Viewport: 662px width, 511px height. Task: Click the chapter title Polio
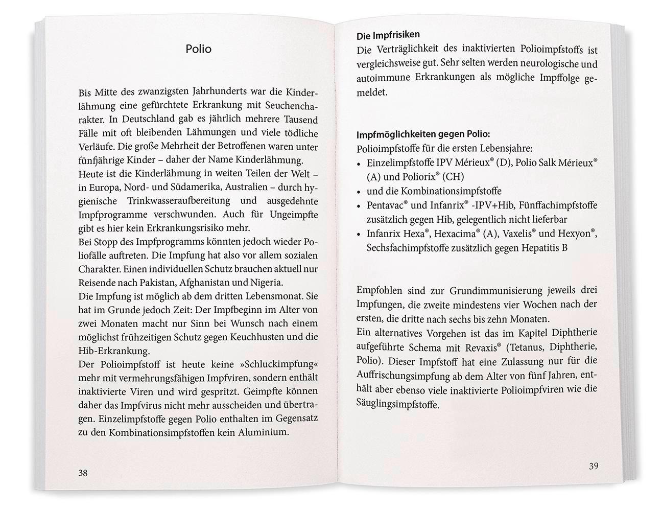(198, 49)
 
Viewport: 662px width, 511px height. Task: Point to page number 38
(83, 473)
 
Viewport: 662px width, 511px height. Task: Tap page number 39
(593, 466)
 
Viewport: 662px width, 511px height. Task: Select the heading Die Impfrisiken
(388, 35)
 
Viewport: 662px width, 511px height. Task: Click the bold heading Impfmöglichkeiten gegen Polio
(423, 135)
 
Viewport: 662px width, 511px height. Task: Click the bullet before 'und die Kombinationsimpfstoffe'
(359, 192)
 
